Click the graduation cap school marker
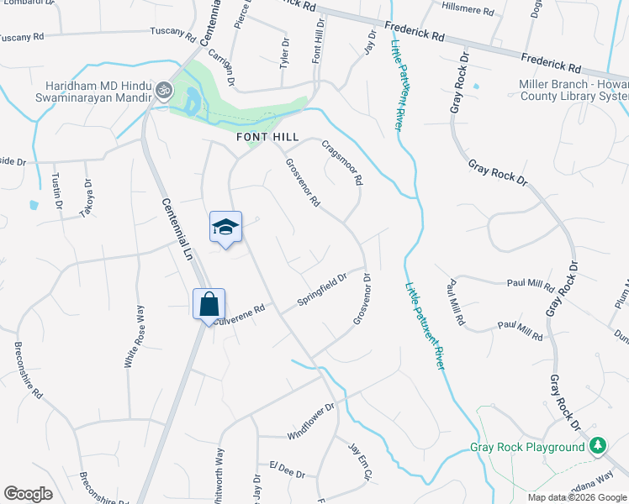click(x=225, y=227)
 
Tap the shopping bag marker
click(x=209, y=304)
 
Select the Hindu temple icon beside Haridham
click(x=162, y=90)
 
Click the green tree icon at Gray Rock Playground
click(x=598, y=445)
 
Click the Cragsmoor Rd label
click(x=342, y=162)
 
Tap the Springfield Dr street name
click(x=322, y=290)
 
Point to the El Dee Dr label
click(x=287, y=469)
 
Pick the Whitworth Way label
click(x=220, y=471)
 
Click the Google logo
click(x=28, y=494)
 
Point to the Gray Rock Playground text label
click(x=527, y=448)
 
